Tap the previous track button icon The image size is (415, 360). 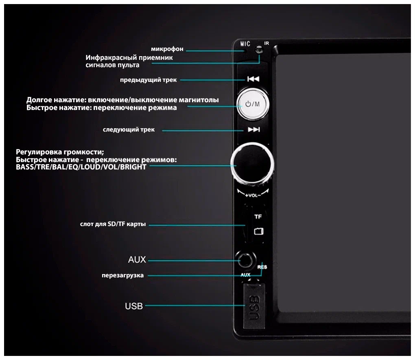[253, 79]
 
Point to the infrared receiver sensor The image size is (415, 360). [259, 50]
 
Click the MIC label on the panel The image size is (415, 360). [245, 44]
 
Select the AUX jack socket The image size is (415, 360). [246, 260]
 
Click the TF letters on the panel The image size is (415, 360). [258, 217]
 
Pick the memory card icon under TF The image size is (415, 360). [258, 231]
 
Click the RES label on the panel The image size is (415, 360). [262, 267]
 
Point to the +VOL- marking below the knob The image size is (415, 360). [253, 195]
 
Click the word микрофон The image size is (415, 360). [167, 49]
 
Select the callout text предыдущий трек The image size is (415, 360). [148, 80]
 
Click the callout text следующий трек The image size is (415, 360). [129, 130]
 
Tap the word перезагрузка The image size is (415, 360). [122, 276]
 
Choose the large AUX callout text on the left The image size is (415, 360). [137, 260]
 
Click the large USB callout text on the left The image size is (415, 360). [134, 306]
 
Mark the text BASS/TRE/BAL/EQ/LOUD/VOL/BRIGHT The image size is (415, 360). [81, 167]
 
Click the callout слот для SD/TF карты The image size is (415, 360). [113, 224]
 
